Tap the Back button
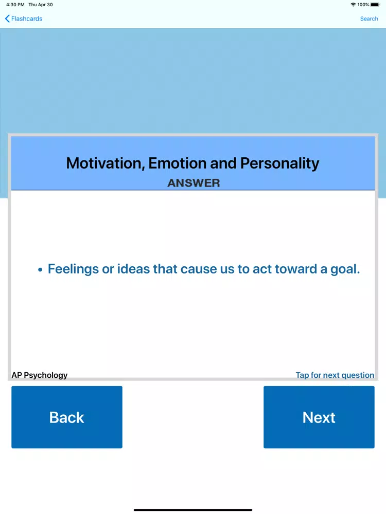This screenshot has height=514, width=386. [67, 417]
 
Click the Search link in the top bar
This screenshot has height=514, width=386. [369, 19]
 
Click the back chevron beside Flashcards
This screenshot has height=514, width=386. [7, 19]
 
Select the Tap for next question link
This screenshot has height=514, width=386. [335, 375]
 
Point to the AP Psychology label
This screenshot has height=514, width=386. [40, 375]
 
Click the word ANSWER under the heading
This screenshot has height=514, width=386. [194, 183]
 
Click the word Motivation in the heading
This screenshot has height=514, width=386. [106, 163]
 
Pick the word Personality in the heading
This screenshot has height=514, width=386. [279, 163]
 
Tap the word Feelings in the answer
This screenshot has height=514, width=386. [73, 269]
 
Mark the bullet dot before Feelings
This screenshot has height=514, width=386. [40, 270]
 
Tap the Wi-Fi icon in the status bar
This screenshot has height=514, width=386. [353, 5]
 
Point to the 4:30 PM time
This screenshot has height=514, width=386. [15, 5]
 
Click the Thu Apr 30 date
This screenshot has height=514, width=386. [41, 5]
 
